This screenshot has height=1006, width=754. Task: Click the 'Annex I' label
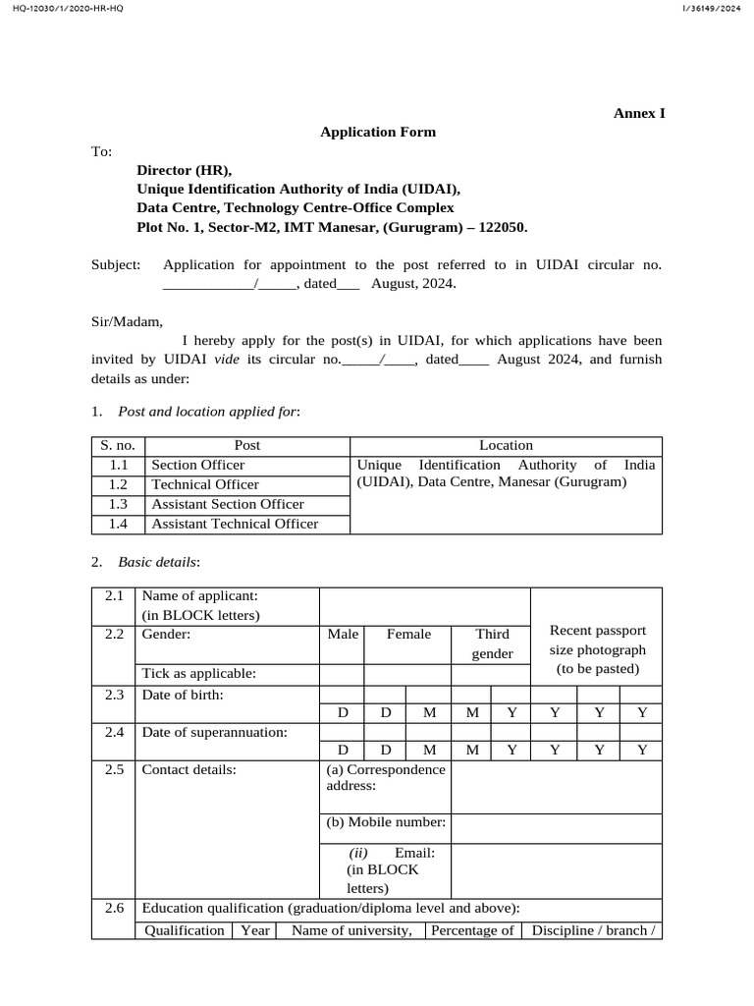(x=639, y=113)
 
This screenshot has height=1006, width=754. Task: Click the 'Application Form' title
(x=378, y=132)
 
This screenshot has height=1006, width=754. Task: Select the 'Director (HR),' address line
(x=185, y=170)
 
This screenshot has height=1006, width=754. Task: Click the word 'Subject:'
(x=116, y=264)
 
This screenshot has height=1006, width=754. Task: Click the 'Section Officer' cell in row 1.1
(x=197, y=465)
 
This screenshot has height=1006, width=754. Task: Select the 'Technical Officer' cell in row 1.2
(x=205, y=484)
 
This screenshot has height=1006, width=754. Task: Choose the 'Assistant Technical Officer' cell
(x=235, y=524)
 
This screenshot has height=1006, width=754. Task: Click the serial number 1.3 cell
(x=118, y=504)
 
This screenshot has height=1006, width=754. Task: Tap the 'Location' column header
(x=506, y=445)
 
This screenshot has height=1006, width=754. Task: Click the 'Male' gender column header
(x=343, y=635)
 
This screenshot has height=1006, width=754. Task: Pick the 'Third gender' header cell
(x=492, y=643)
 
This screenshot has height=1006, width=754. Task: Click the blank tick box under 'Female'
(x=407, y=674)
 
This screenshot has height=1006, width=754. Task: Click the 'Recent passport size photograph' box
(x=597, y=648)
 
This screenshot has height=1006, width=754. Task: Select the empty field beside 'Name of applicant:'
(x=424, y=605)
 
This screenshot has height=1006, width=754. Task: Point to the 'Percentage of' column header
(x=472, y=930)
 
